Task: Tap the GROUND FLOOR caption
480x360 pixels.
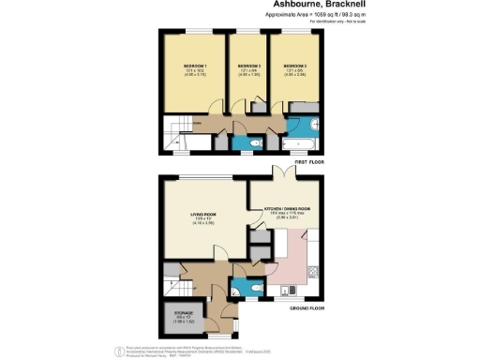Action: (x=306, y=307)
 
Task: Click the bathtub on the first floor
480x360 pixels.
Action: (x=301, y=143)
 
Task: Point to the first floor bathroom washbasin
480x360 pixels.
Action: (x=318, y=124)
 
